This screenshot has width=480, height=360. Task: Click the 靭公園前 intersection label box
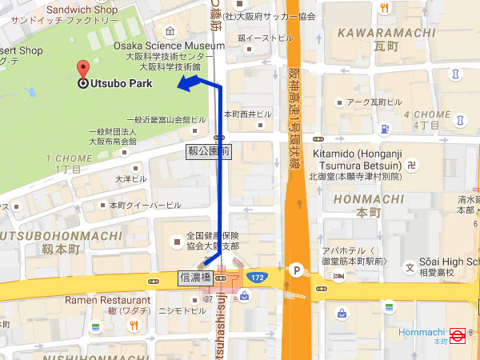[208, 150]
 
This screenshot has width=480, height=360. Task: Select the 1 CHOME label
[70, 158]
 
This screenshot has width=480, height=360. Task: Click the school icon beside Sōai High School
[410, 267]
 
